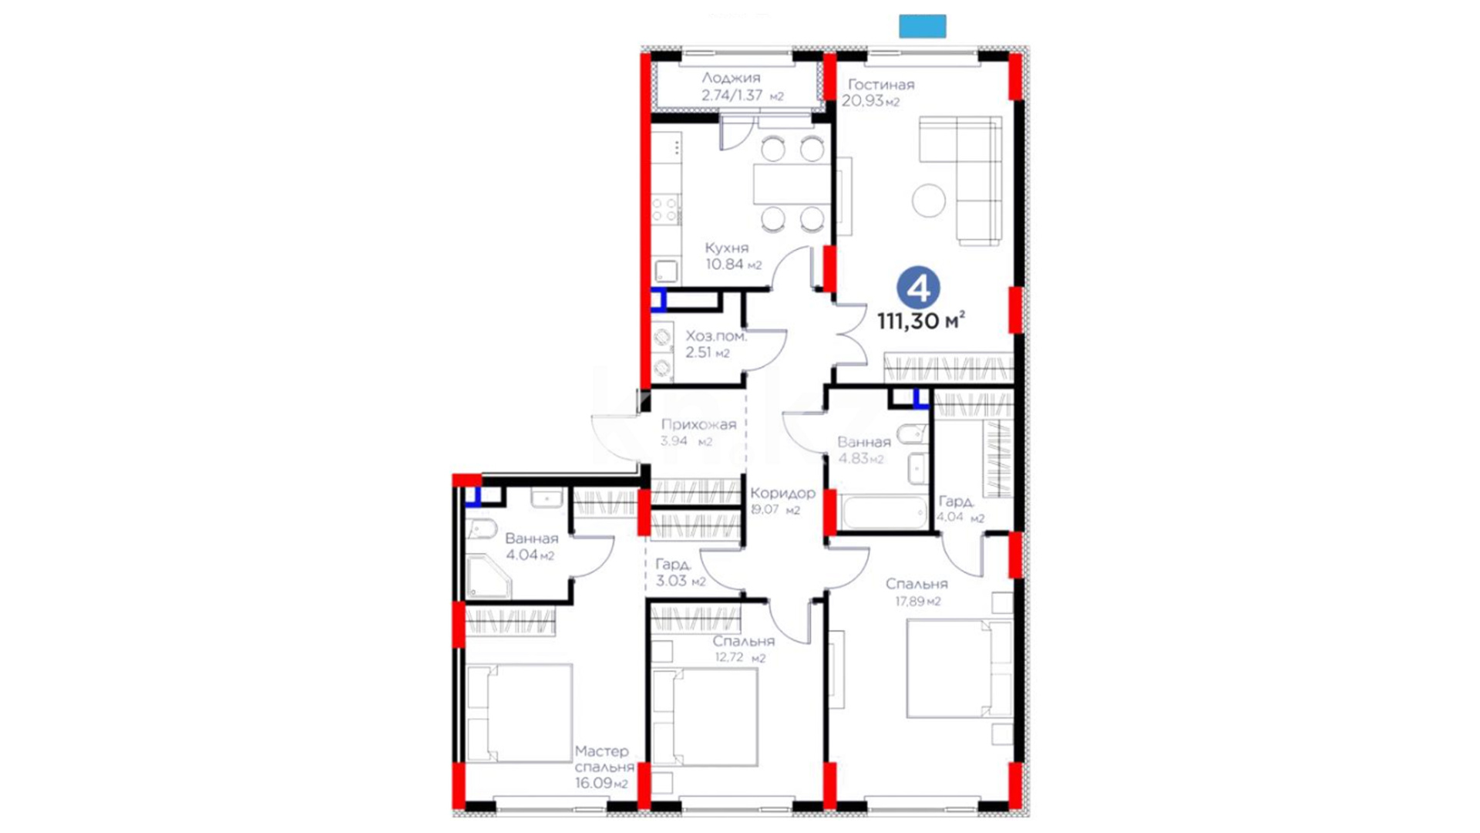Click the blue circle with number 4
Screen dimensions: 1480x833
pos(918,288)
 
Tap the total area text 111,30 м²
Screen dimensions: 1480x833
pos(921,320)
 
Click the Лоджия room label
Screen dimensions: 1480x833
pos(731,78)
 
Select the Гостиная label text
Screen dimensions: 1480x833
pos(881,85)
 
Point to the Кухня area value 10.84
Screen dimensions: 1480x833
pos(724,264)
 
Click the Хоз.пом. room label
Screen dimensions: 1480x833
pos(716,336)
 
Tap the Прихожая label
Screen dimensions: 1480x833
pos(698,424)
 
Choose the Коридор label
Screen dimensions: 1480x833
pos(782,493)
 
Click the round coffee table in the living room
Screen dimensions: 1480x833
pos(929,200)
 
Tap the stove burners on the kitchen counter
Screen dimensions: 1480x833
pos(665,209)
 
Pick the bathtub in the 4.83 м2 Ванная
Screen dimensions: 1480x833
pos(884,513)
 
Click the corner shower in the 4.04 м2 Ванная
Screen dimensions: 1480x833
pos(487,576)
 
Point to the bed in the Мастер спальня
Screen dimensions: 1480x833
pos(520,713)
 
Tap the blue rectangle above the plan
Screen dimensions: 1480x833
pos(923,26)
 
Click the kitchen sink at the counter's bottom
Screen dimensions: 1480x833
pos(666,271)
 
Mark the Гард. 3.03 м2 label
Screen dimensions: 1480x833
pos(680,573)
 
